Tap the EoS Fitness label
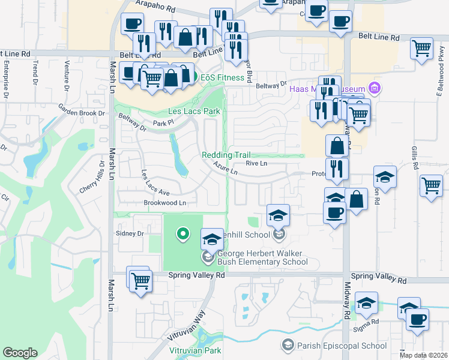click(x=222, y=77)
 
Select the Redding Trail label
click(x=226, y=155)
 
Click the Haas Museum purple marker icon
click(x=375, y=89)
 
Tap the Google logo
click(x=20, y=352)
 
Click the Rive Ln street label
click(x=256, y=163)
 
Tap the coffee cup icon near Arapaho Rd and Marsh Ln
click(x=132, y=25)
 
